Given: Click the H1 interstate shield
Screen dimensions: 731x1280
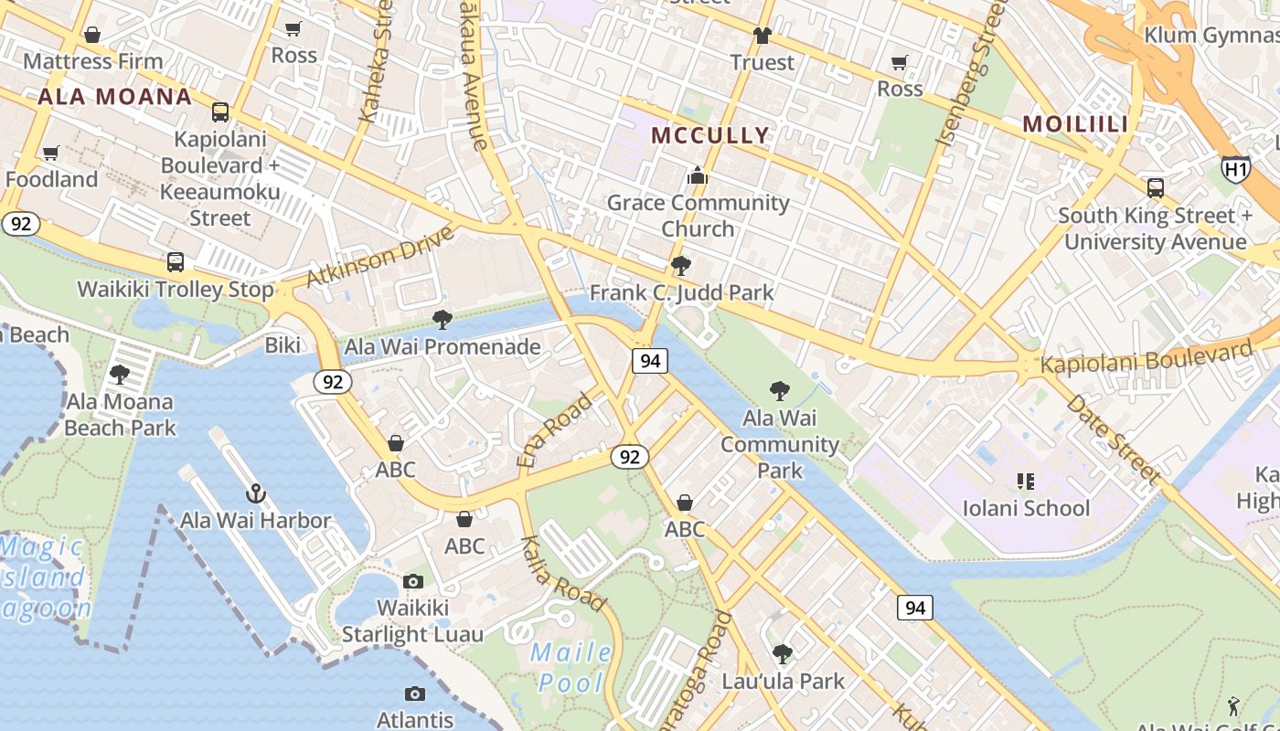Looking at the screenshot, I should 1235,169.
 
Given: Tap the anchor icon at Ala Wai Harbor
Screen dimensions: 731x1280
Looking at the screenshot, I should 256,494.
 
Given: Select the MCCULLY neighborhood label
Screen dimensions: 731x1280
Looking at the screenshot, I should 710,136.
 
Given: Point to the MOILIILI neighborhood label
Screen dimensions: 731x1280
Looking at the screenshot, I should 1074,123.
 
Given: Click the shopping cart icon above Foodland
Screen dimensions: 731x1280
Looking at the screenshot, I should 51,153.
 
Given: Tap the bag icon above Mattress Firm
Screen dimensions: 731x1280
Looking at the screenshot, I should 91,35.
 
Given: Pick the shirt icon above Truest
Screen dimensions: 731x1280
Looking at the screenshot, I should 762,36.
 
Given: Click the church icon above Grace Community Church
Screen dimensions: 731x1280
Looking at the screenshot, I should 698,175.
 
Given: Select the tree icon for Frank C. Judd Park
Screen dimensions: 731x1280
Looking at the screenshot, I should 680,266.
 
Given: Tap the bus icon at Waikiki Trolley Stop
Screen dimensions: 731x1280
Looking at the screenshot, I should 176,262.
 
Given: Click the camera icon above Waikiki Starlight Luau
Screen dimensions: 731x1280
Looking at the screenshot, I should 413,581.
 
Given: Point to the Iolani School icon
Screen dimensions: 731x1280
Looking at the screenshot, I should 1026,481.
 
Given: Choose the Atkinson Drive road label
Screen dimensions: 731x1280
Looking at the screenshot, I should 380,257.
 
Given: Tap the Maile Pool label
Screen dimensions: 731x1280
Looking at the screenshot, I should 571,667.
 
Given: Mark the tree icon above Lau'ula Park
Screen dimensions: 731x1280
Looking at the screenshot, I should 782,654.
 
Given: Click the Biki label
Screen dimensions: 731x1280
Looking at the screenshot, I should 283,345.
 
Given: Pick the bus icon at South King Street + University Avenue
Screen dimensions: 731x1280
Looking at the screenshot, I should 1156,188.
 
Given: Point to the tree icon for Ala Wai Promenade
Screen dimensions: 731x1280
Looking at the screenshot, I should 443,320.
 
